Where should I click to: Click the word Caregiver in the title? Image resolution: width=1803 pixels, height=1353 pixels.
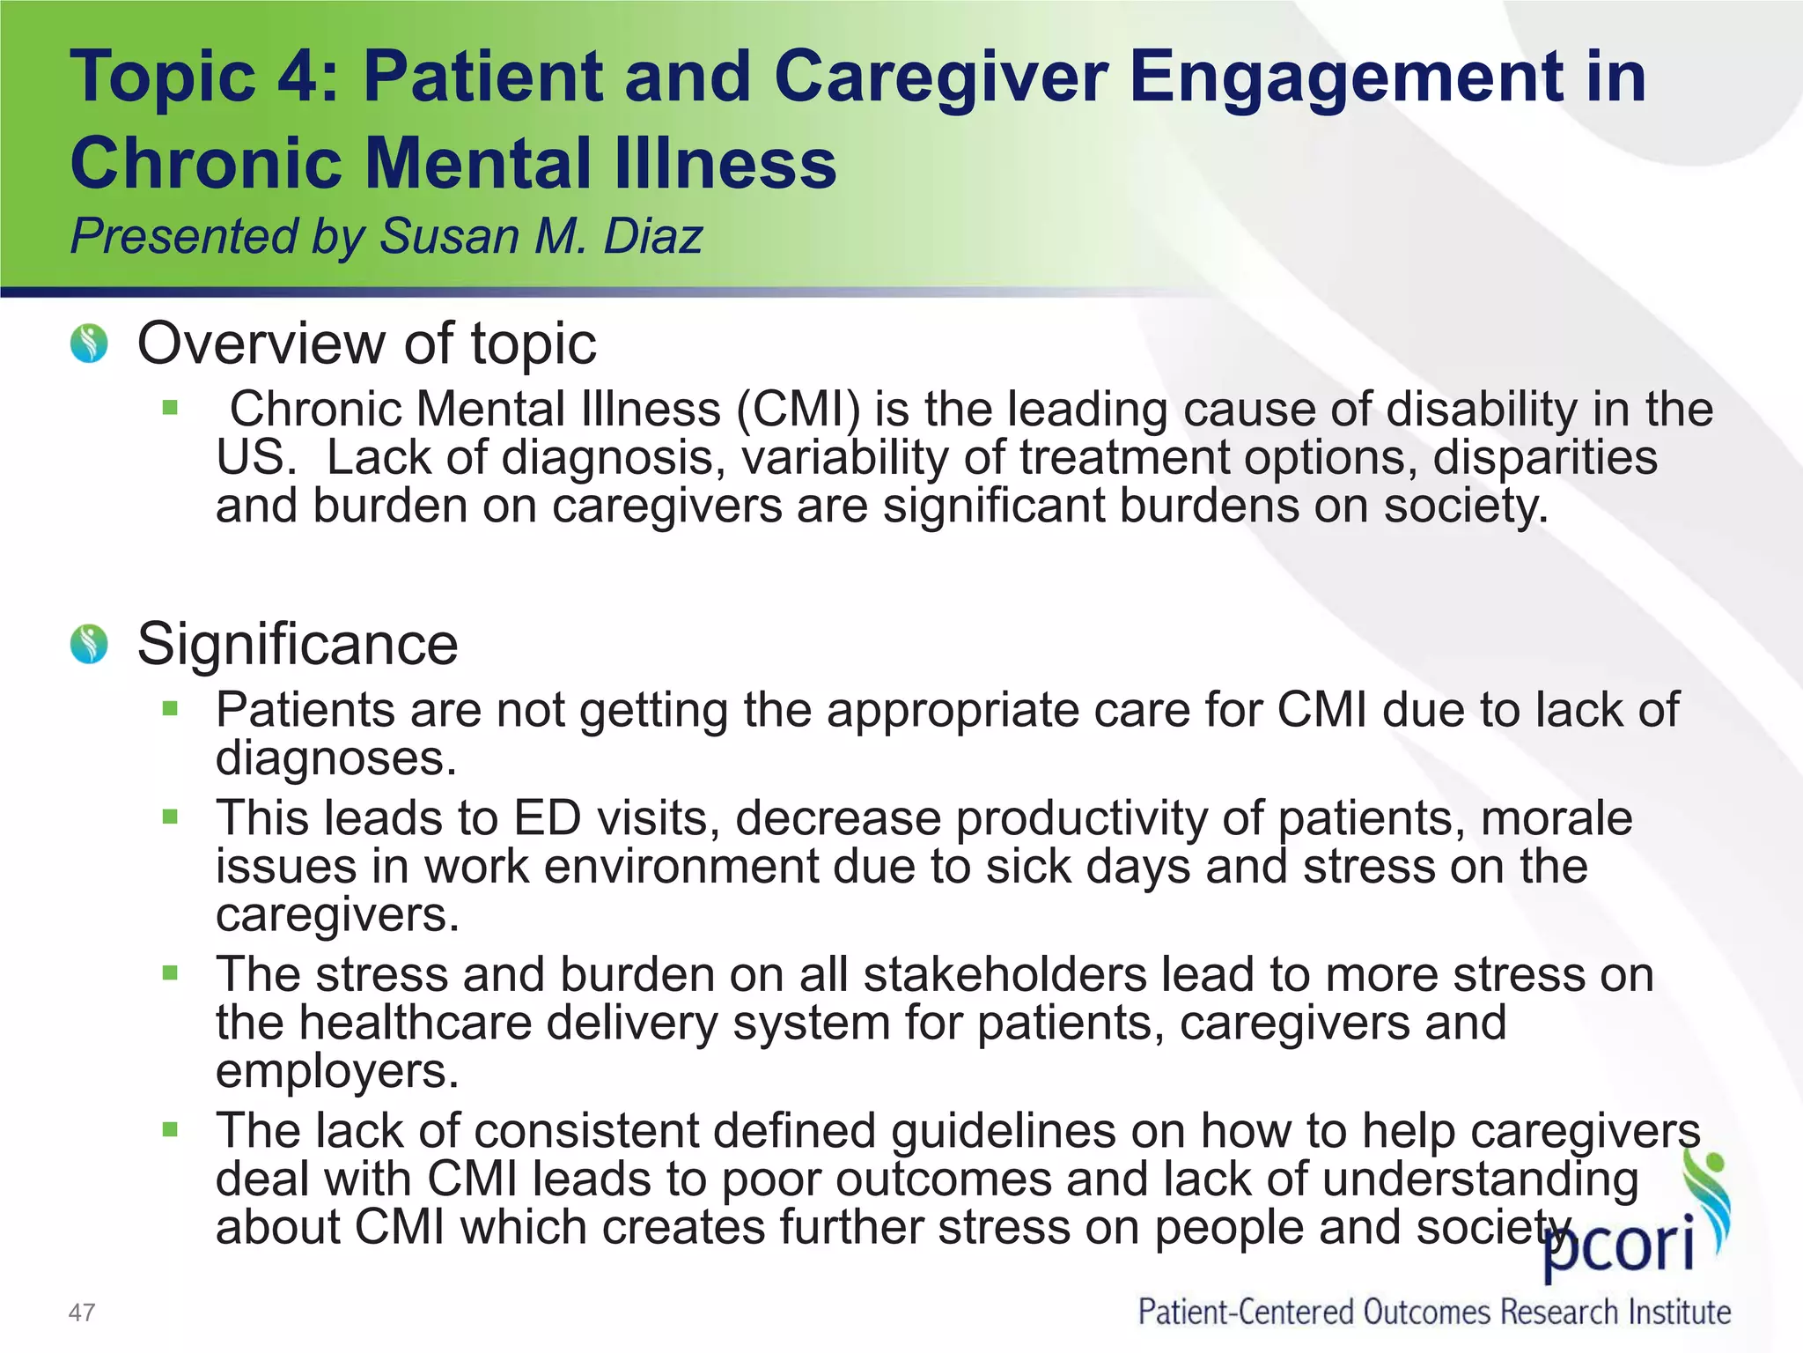(940, 78)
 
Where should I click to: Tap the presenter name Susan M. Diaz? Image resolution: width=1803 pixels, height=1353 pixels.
(541, 236)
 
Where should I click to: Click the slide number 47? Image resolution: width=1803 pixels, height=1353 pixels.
(82, 1312)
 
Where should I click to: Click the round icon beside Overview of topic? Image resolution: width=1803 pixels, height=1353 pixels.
(89, 344)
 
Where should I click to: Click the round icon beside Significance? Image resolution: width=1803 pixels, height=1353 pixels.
(89, 644)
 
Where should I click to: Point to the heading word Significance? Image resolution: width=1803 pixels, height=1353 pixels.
(298, 644)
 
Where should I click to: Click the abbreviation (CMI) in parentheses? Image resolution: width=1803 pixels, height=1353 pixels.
(798, 410)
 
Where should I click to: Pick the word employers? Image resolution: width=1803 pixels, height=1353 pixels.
(337, 1072)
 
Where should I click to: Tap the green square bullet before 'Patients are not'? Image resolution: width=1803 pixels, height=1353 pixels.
(171, 708)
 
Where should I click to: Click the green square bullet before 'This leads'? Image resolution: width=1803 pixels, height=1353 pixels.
(171, 817)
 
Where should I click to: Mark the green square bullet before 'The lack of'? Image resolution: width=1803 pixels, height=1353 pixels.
(171, 1129)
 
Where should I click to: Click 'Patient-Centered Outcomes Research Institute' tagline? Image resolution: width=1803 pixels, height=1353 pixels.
(1434, 1312)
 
